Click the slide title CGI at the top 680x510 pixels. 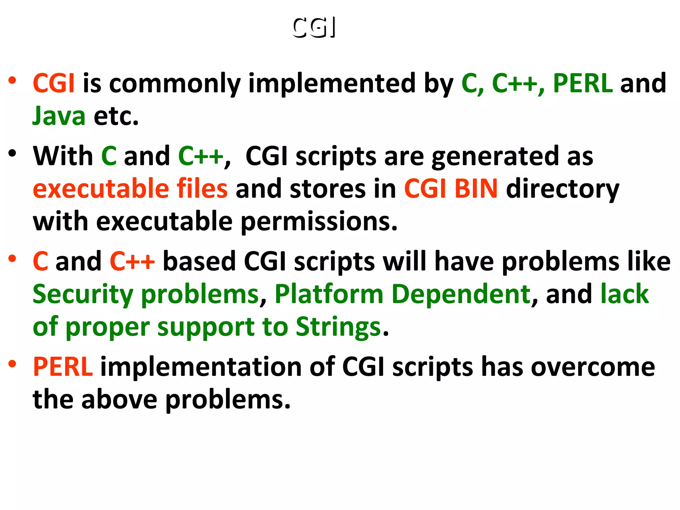click(314, 27)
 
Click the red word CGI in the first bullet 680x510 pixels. click(53, 83)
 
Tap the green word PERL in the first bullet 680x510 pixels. click(583, 83)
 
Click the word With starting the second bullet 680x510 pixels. click(63, 156)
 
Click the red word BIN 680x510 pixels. click(476, 189)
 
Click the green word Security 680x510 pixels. click(83, 295)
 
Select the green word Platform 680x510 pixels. click(329, 295)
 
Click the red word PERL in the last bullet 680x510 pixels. click(63, 367)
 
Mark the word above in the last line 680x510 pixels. click(119, 399)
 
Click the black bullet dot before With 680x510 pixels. click(13, 153)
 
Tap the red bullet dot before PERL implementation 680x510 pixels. click(13, 364)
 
